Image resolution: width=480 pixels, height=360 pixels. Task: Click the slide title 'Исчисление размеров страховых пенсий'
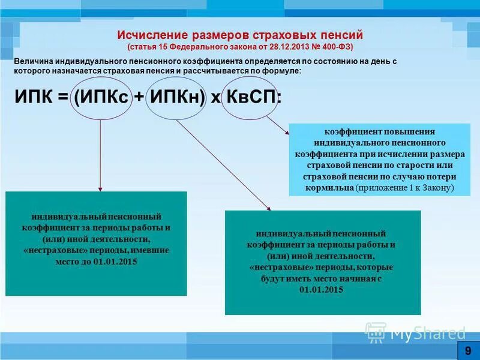click(240, 35)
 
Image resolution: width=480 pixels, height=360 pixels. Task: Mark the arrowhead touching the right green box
click(268, 208)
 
